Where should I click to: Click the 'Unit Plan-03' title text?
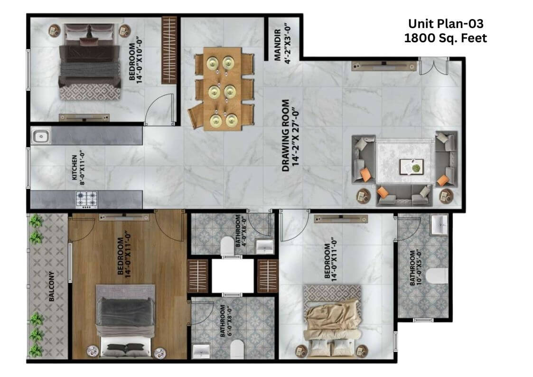tap(446, 23)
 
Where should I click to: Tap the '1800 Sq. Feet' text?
tap(446, 38)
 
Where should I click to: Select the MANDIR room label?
tap(278, 45)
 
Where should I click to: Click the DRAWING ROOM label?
tap(286, 135)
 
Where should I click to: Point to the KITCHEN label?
tap(75, 168)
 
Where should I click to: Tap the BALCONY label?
tap(52, 286)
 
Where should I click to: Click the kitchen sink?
tap(41, 136)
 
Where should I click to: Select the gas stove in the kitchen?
tap(87, 199)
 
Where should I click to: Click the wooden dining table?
tap(223, 89)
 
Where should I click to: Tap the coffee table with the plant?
tap(411, 167)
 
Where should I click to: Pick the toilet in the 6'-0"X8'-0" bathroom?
tap(237, 349)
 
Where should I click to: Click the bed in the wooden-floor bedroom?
tap(125, 321)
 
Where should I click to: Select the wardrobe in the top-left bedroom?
tap(169, 50)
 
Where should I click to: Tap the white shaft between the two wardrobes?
tap(233, 276)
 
